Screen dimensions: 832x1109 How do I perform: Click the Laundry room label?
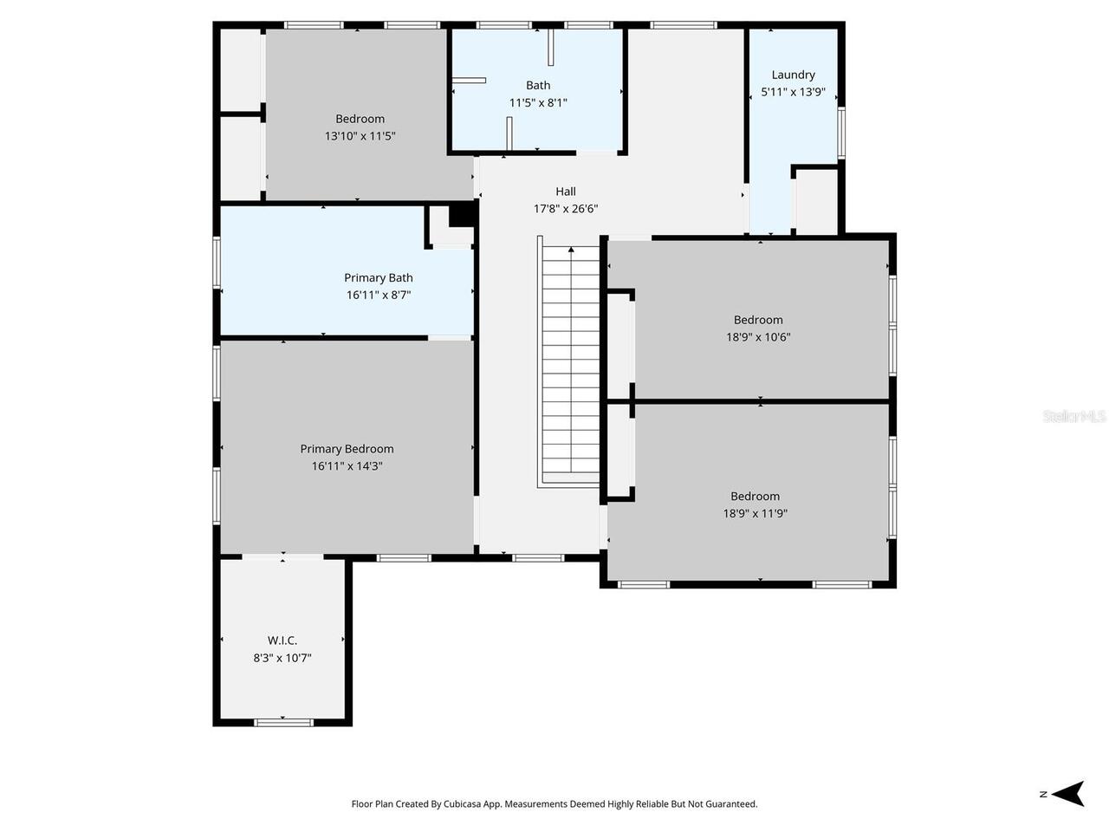[793, 75]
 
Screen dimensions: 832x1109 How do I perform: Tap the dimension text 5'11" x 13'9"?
[793, 92]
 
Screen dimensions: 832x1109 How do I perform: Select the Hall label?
[566, 192]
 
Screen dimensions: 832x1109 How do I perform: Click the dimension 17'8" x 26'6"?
[566, 209]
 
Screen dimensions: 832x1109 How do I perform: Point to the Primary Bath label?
[379, 277]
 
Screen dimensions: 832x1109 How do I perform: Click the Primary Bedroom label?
[347, 449]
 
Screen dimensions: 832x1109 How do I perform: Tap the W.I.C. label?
[282, 640]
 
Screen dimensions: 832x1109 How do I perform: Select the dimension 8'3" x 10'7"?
[282, 658]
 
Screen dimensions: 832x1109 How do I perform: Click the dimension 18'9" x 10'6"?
[758, 337]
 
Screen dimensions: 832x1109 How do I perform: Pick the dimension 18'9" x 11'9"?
[755, 513]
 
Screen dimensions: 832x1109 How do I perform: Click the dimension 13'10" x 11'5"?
[360, 136]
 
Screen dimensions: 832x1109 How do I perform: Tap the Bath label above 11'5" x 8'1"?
[538, 85]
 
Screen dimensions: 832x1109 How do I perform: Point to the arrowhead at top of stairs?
[570, 250]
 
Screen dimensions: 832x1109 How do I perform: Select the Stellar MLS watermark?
[1074, 417]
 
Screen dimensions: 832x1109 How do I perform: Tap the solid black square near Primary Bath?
[462, 213]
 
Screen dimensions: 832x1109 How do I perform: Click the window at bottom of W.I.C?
[283, 721]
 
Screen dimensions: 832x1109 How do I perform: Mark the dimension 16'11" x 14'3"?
[347, 466]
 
